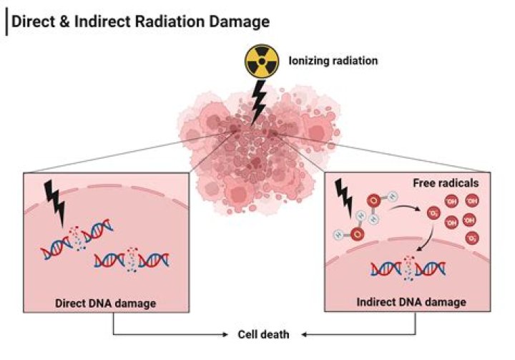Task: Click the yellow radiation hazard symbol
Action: pyautogui.click(x=261, y=62)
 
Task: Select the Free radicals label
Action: pyautogui.click(x=446, y=183)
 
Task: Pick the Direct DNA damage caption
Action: pyautogui.click(x=105, y=303)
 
